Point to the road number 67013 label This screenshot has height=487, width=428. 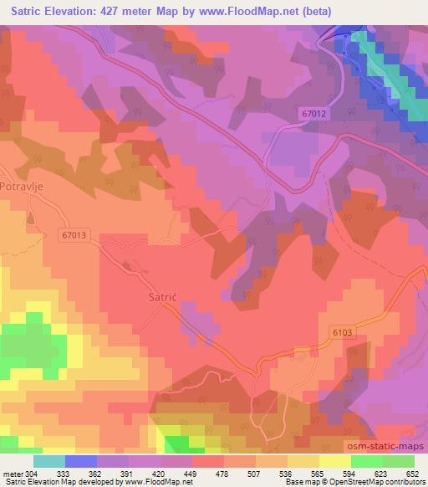(x=73, y=237)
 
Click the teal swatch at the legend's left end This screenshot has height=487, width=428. (x=49, y=461)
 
